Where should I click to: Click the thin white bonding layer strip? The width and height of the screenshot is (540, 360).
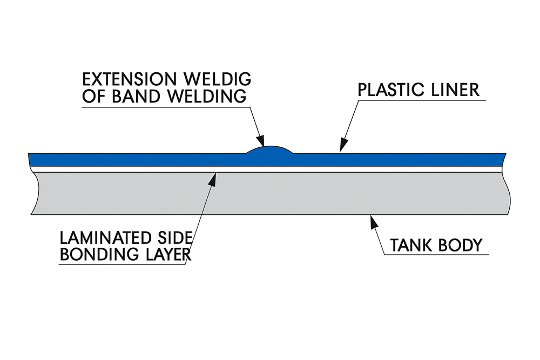coord(135,169)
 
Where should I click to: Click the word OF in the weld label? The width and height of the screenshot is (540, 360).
coord(93,97)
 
